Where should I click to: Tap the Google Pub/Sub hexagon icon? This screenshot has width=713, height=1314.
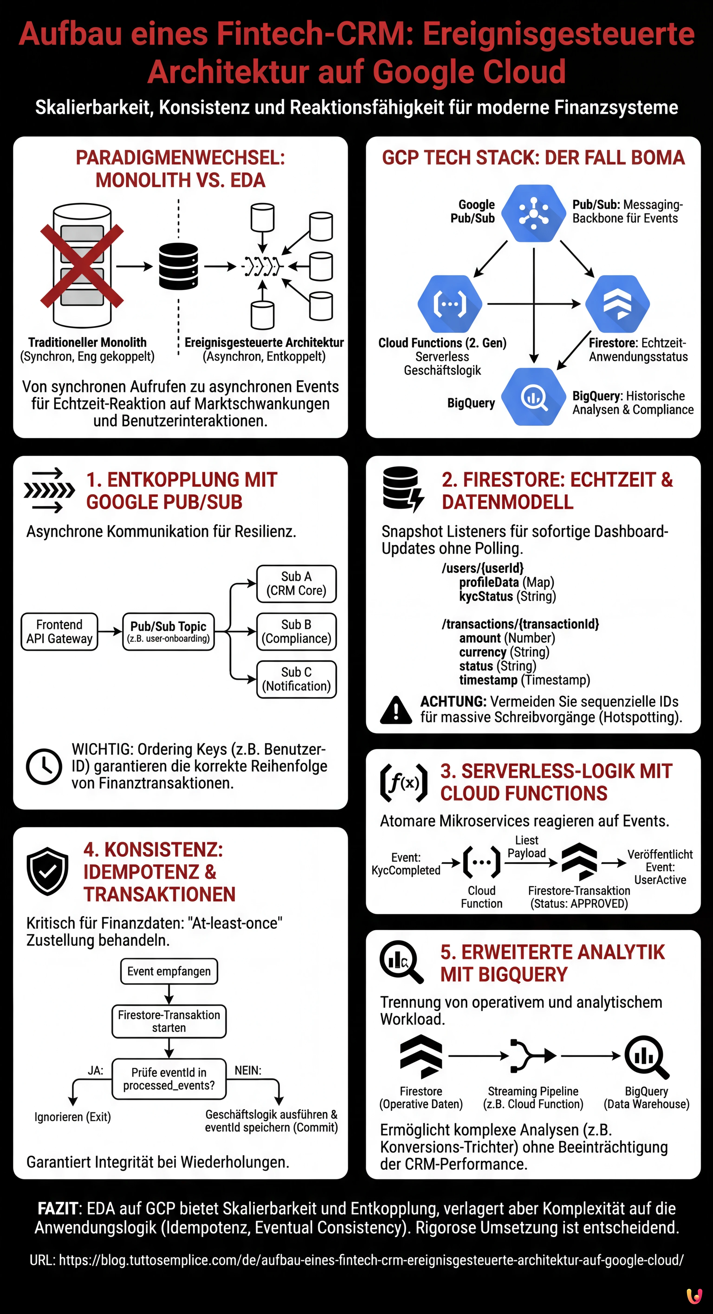coord(534,213)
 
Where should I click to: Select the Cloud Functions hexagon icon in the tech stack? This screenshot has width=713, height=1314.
coord(449,304)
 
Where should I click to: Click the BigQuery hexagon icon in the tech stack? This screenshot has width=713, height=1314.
coord(534,396)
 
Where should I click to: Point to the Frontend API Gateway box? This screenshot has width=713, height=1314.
coord(59,631)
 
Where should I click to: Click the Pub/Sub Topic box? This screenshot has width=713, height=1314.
coord(168,631)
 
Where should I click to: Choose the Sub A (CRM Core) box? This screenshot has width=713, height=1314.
coord(296,583)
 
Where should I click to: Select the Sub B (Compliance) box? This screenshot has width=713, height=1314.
coord(296,631)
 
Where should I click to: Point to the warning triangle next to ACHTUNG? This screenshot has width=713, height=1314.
coord(396,710)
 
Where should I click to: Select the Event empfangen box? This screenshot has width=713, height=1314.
coord(169,971)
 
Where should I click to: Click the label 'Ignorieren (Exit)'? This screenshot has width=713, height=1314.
coord(72,1117)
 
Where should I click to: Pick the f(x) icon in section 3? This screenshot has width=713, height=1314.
coord(403,783)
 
